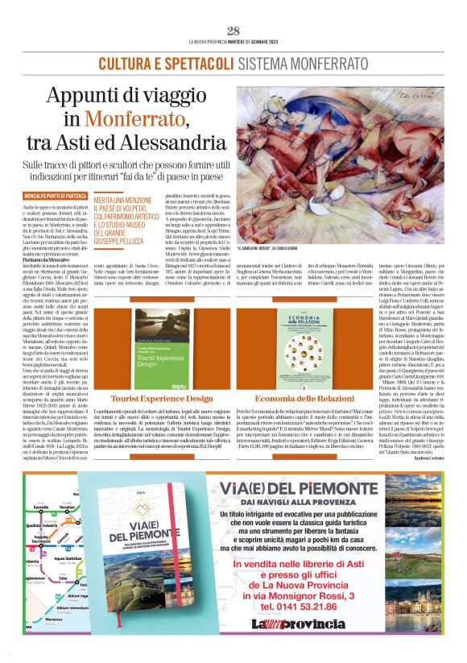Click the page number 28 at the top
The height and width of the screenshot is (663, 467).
233,31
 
